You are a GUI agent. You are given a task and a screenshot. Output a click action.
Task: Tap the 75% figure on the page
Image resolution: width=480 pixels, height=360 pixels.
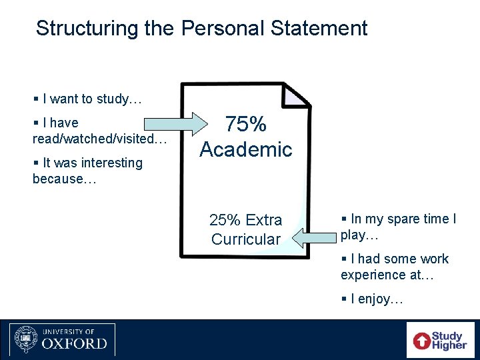pyautogui.click(x=246, y=125)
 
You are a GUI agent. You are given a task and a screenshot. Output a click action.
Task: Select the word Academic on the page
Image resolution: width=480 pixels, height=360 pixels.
pyautogui.click(x=246, y=149)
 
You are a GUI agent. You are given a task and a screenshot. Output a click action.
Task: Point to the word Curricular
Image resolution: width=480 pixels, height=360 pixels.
pyautogui.click(x=246, y=239)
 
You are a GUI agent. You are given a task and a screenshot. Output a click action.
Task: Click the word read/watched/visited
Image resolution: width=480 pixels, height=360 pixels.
pyautogui.click(x=99, y=139)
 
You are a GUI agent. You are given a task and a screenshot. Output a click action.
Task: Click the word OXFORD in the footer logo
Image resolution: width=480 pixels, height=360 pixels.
pyautogui.click(x=74, y=344)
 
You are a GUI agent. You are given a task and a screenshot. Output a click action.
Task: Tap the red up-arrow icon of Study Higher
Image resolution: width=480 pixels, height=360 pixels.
pyautogui.click(x=422, y=341)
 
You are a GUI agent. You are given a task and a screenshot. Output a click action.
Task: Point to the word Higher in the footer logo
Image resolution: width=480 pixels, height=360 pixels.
pyautogui.click(x=449, y=345)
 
